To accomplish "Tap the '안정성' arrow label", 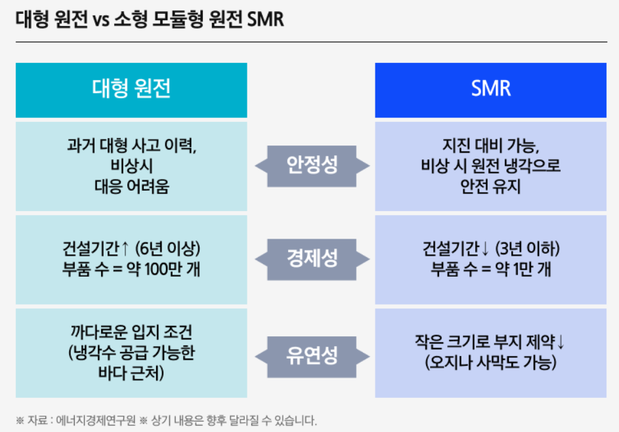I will pos(312,165).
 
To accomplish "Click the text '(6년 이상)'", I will pos(167,250).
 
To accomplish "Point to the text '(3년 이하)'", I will pos(529,250).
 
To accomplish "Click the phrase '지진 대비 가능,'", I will pos(490,146).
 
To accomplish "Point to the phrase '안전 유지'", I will pos(490,186).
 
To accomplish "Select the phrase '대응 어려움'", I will pos(131,186).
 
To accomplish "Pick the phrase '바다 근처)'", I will pos(131,374).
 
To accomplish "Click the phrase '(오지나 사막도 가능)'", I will pos(490,363).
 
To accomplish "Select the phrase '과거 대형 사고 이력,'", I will pos(131,146).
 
